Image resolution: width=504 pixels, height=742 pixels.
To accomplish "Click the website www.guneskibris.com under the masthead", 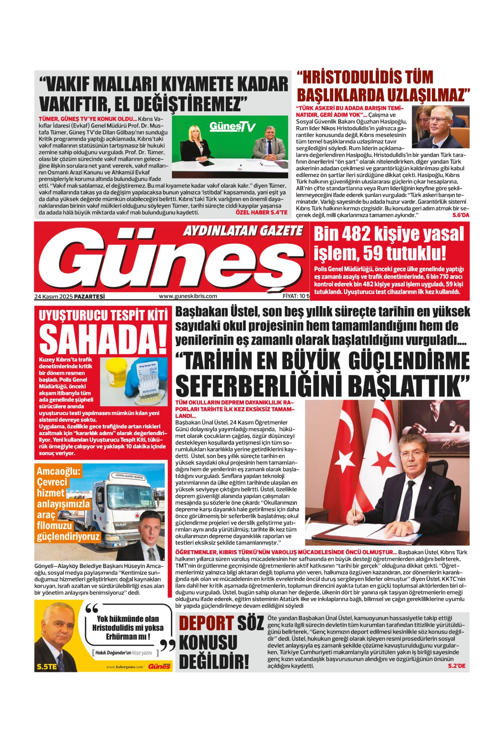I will coord(188,296).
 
